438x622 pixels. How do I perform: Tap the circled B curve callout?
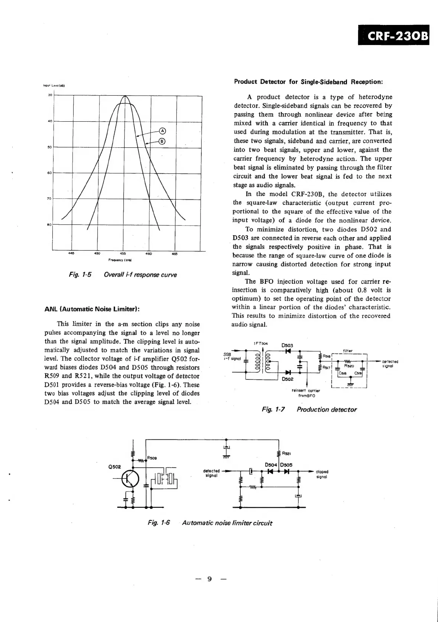[162, 141]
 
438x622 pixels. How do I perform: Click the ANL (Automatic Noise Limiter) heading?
[92, 309]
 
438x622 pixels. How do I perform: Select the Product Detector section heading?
[308, 81]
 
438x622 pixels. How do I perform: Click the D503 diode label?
[287, 345]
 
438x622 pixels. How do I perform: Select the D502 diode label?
[288, 379]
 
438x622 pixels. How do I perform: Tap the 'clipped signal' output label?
[322, 474]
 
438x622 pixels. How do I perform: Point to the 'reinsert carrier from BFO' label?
[306, 393]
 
